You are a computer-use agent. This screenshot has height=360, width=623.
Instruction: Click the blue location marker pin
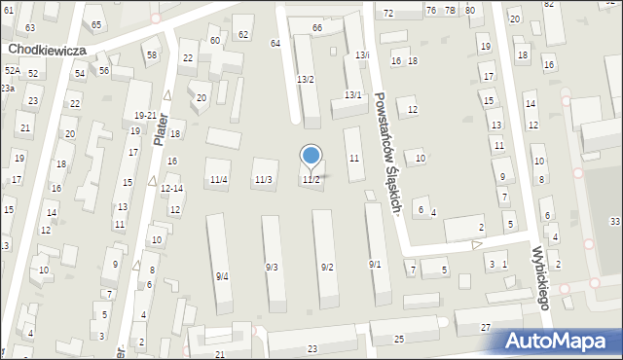[311, 157]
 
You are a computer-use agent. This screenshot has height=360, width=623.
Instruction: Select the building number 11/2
[311, 180]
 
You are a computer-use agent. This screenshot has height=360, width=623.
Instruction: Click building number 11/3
[263, 180]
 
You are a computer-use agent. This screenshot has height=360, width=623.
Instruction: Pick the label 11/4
[218, 180]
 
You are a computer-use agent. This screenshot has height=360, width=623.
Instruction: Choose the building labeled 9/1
[375, 265]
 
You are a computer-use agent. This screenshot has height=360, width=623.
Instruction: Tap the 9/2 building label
[327, 267]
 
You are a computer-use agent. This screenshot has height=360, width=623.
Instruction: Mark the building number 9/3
[272, 267]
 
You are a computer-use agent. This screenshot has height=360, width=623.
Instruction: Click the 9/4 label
[222, 276]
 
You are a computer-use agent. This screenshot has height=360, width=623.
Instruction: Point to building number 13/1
[352, 94]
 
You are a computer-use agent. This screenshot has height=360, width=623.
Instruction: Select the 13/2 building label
[305, 79]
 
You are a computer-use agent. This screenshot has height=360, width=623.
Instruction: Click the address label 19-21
[144, 116]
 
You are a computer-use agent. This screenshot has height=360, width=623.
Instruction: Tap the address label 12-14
[170, 188]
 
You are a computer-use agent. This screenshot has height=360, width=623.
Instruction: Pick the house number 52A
[12, 71]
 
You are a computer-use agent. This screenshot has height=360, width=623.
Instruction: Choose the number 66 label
[316, 28]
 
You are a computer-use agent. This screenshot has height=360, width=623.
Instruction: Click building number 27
[486, 328]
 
